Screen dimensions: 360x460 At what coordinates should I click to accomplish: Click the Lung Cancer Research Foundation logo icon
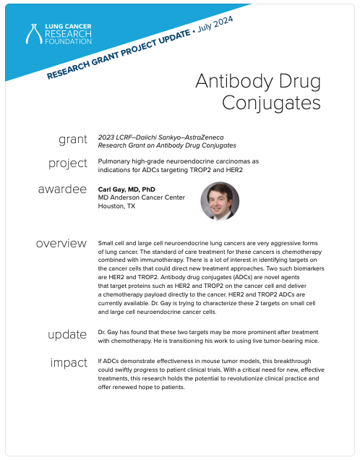[x=34, y=34]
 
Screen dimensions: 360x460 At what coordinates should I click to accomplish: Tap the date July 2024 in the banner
[x=215, y=24]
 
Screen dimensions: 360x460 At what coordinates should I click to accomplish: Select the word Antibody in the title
[x=235, y=81]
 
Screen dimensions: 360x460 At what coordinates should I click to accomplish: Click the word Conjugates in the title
[x=271, y=103]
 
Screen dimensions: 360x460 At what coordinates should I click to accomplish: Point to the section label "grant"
[x=73, y=140]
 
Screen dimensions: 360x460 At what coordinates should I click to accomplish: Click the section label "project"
[x=68, y=163]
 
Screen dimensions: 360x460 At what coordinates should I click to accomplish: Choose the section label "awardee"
[x=62, y=189]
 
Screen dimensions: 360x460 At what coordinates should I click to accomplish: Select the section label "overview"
[x=61, y=244]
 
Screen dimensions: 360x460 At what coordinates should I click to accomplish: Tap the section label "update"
[x=67, y=334]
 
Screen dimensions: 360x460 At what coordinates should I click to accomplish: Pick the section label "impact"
[x=69, y=363]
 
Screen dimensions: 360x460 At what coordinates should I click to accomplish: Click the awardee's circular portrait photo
[x=220, y=201]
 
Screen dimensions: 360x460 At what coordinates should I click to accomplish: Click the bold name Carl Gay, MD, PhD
[x=127, y=189]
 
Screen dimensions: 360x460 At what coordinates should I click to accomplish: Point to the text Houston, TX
[x=116, y=206]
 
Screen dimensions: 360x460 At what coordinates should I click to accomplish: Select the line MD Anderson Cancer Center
[x=141, y=197]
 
